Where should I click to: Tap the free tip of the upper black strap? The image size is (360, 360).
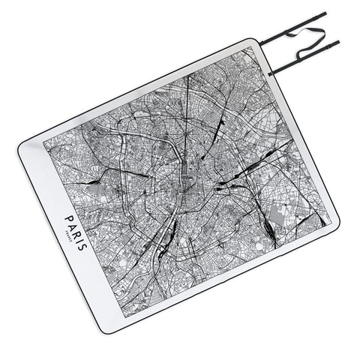pos(325,13)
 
